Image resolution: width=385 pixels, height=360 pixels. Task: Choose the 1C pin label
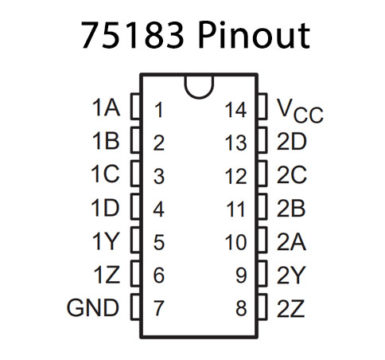coord(104,175)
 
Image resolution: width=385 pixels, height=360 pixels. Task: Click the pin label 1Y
coord(104,240)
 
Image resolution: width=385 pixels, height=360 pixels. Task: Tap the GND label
coord(92,306)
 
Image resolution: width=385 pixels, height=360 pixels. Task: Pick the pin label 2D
coord(292,142)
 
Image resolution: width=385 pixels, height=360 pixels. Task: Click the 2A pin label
coord(292,240)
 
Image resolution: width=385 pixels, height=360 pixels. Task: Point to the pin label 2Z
coord(292,306)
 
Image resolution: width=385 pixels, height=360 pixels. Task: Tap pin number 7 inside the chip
coord(159,307)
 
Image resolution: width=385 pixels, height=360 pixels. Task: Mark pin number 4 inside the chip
coord(159,209)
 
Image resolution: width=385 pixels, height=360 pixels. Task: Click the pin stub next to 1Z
coord(131,273)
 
